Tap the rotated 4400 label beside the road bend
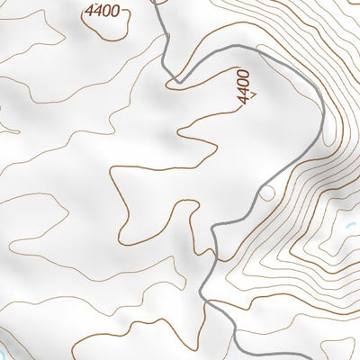click(x=244, y=87)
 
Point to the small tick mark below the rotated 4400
click(x=255, y=93)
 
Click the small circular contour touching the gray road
click(x=265, y=193)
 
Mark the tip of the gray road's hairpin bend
click(x=178, y=82)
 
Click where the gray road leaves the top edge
click(x=154, y=2)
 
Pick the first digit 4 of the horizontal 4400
click(x=91, y=12)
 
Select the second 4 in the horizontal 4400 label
click(x=101, y=12)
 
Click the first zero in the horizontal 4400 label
click(x=111, y=12)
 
